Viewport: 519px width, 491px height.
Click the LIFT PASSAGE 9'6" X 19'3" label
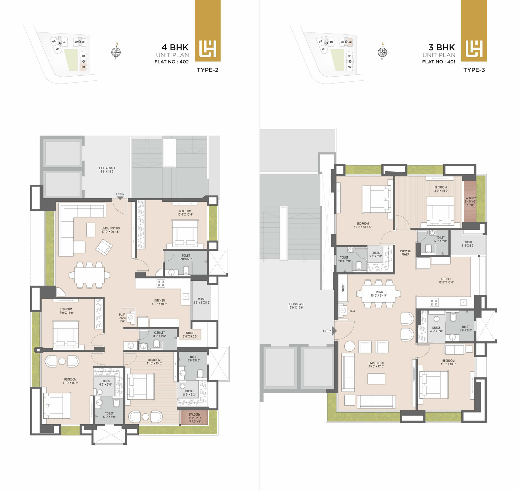[107, 170]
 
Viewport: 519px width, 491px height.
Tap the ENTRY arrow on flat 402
[120, 198]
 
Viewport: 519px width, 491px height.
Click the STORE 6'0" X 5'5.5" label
[190, 335]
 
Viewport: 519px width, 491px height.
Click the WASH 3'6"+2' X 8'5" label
[202, 301]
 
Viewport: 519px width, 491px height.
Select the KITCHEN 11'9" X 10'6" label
[159, 302]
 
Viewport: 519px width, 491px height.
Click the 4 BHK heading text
[175, 47]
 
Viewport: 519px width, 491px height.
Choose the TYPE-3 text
[474, 70]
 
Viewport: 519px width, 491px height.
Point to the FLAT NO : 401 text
[439, 62]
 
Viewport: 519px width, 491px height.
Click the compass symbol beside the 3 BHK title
[382, 52]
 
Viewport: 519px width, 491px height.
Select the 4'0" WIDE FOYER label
[405, 253]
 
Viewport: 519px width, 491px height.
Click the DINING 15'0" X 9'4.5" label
[378, 294]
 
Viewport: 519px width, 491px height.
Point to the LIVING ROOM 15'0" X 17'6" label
[376, 365]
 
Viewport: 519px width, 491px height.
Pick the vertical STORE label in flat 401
[343, 288]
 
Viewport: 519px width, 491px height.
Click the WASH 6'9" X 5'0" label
[468, 244]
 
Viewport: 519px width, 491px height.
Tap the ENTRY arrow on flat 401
[334, 331]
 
